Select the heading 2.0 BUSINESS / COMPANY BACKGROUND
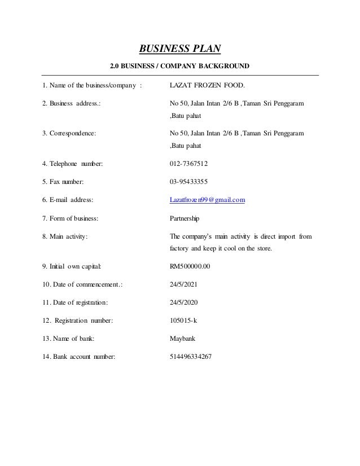tap(179, 67)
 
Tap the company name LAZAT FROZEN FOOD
tap(208, 86)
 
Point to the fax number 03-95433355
tap(188, 182)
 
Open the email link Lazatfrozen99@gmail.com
tap(207, 200)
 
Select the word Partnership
tap(185, 218)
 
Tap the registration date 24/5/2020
tap(184, 304)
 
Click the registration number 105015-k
tap(183, 322)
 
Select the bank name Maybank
tap(182, 339)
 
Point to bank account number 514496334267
tap(191, 357)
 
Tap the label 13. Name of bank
tap(68, 339)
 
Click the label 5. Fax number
tap(63, 182)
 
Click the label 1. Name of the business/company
tap(91, 86)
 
